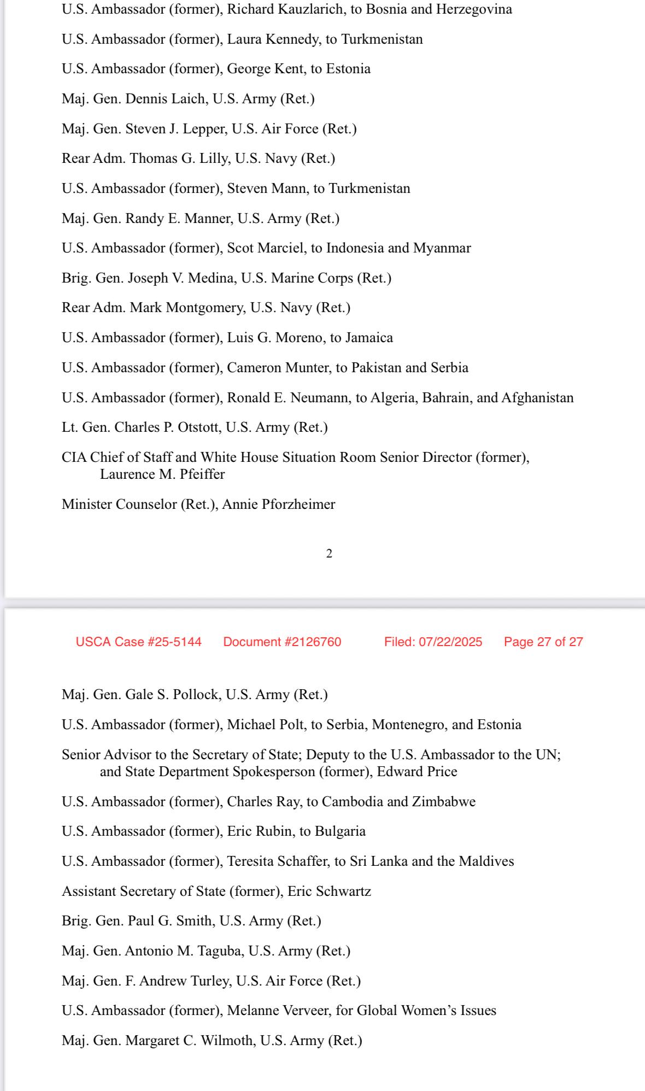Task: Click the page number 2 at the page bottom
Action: (x=329, y=554)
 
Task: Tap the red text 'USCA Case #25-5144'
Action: (x=138, y=642)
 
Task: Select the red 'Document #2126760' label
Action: (x=282, y=642)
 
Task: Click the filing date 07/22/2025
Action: (x=450, y=642)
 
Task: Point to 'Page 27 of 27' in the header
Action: (x=543, y=642)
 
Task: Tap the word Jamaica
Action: (x=369, y=338)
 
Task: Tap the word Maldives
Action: (x=486, y=861)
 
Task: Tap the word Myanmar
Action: (x=442, y=248)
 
